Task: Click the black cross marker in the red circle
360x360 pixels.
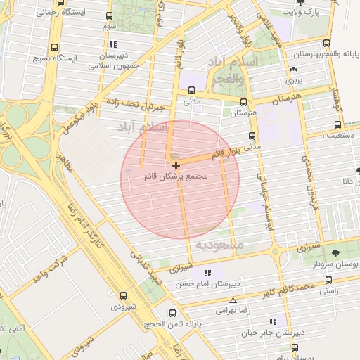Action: point(175,165)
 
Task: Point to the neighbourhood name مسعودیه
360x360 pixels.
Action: point(219,245)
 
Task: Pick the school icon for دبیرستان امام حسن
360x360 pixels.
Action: point(206,273)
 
